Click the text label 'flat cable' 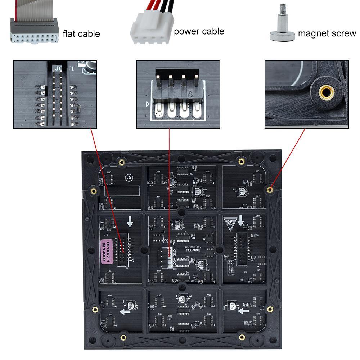81,34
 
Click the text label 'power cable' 199,32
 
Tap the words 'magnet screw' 327,33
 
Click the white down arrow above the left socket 130,222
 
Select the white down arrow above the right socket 240,220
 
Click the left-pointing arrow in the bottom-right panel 244,311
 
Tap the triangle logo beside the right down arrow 229,223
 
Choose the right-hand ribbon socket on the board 243,247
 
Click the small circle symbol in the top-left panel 128,177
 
